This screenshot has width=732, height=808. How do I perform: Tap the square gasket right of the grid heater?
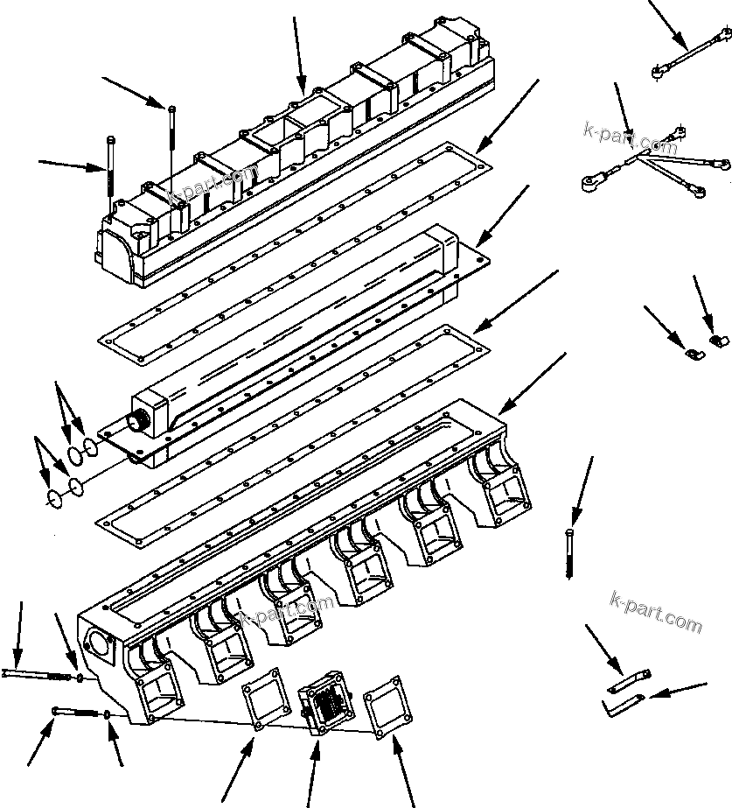387,706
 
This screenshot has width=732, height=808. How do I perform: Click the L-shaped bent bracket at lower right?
623,703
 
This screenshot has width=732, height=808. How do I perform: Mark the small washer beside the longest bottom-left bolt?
80,678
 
